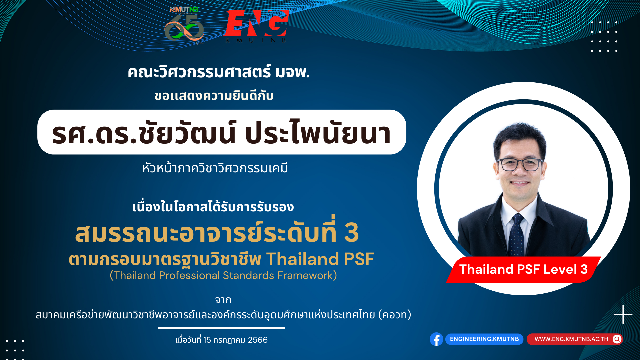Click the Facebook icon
pyautogui.click(x=436, y=339)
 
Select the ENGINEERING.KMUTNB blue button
pyautogui.click(x=484, y=339)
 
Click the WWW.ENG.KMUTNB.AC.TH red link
pyautogui.click(x=571, y=339)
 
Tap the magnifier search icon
pyautogui.click(x=617, y=339)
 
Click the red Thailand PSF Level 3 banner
pyautogui.click(x=523, y=269)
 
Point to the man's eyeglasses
pyautogui.click(x=520, y=164)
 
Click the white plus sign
pyautogui.click(x=623, y=314)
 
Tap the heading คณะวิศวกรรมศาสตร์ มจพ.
pyautogui.click(x=219, y=72)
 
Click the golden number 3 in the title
pyautogui.click(x=351, y=232)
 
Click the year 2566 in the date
pyautogui.click(x=258, y=340)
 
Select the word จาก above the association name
pyautogui.click(x=223, y=300)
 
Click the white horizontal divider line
pyautogui.click(x=221, y=328)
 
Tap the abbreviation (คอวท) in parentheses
pyautogui.click(x=395, y=315)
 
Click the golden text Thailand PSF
pyautogui.click(x=320, y=259)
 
